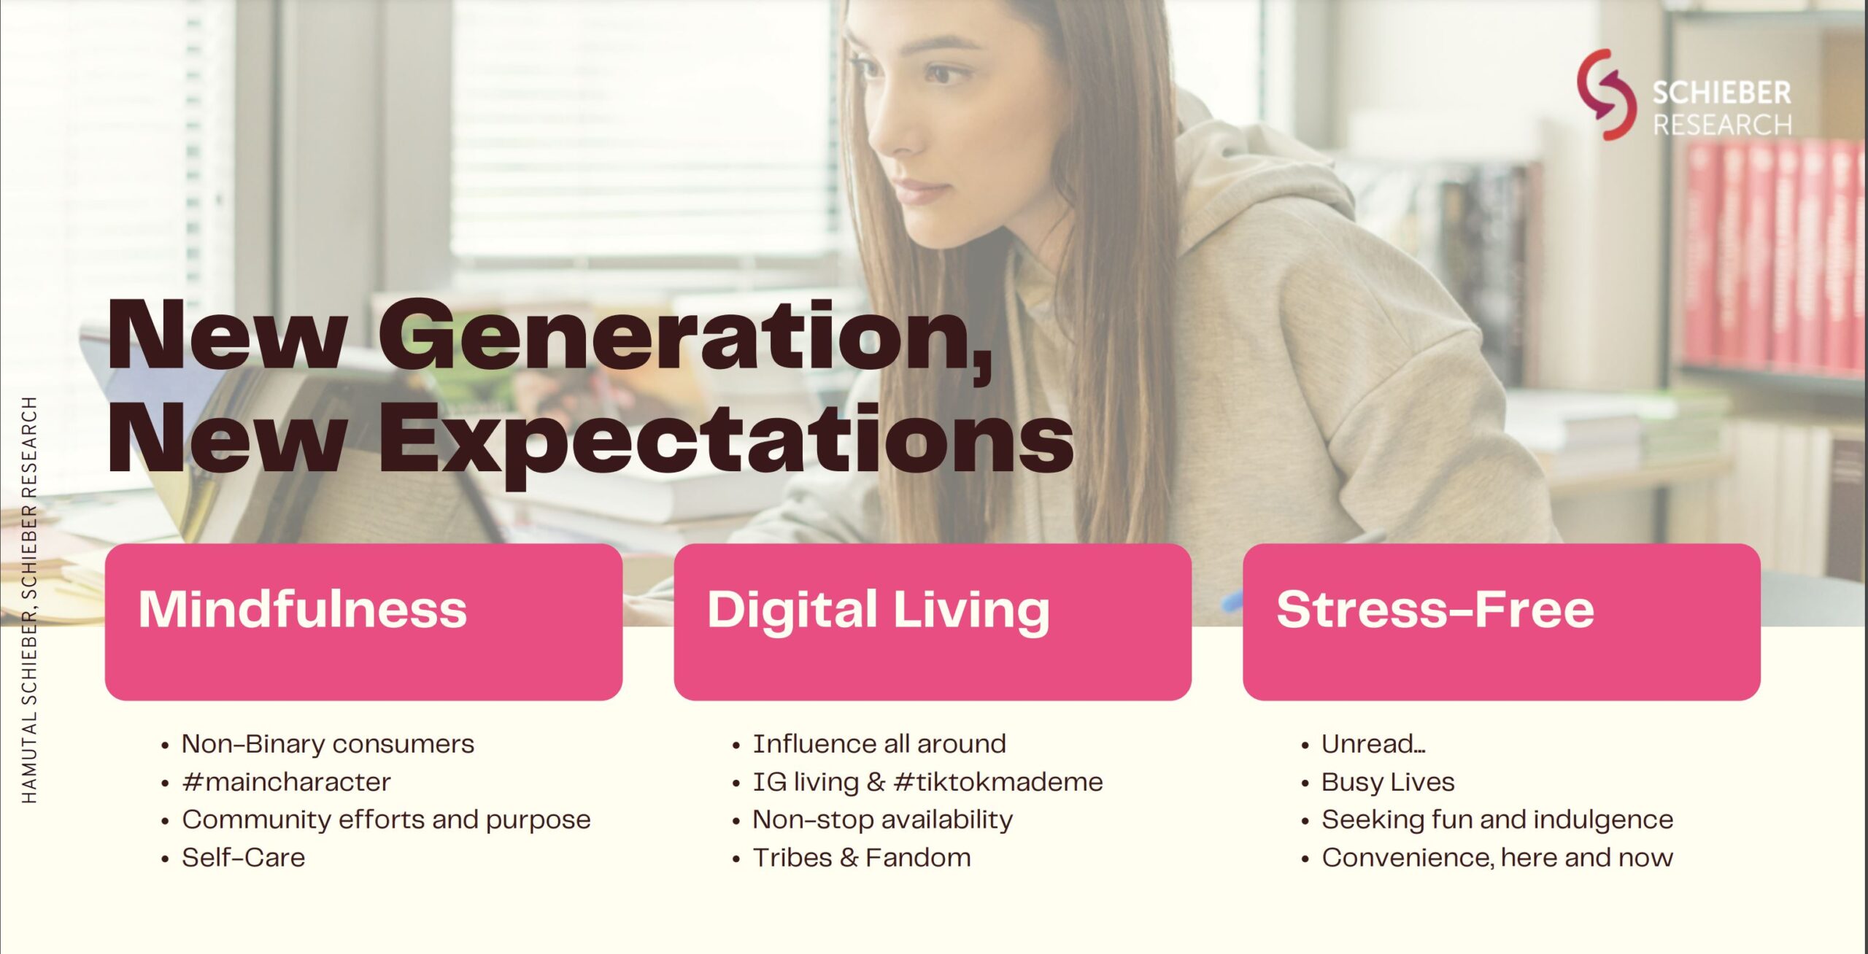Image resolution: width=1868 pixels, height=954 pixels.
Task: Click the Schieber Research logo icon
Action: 1605,95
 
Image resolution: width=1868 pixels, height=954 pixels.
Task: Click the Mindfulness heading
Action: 303,610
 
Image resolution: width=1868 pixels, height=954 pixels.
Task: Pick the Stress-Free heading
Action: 1435,610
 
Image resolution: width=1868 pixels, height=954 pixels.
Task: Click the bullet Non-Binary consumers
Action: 328,744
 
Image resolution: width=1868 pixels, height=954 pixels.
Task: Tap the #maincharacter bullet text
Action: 286,782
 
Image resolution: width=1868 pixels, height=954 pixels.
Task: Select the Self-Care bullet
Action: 243,858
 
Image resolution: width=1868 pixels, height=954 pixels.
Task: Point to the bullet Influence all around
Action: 879,744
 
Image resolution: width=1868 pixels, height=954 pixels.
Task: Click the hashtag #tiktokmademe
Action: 998,782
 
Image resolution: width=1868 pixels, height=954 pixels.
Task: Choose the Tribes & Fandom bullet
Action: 862,858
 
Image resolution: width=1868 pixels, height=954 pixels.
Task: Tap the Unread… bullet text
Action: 1373,744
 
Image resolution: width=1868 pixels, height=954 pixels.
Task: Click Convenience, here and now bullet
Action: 1497,858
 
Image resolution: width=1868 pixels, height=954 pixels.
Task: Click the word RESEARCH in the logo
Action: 1722,125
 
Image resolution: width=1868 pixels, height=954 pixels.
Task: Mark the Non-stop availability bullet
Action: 883,820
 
